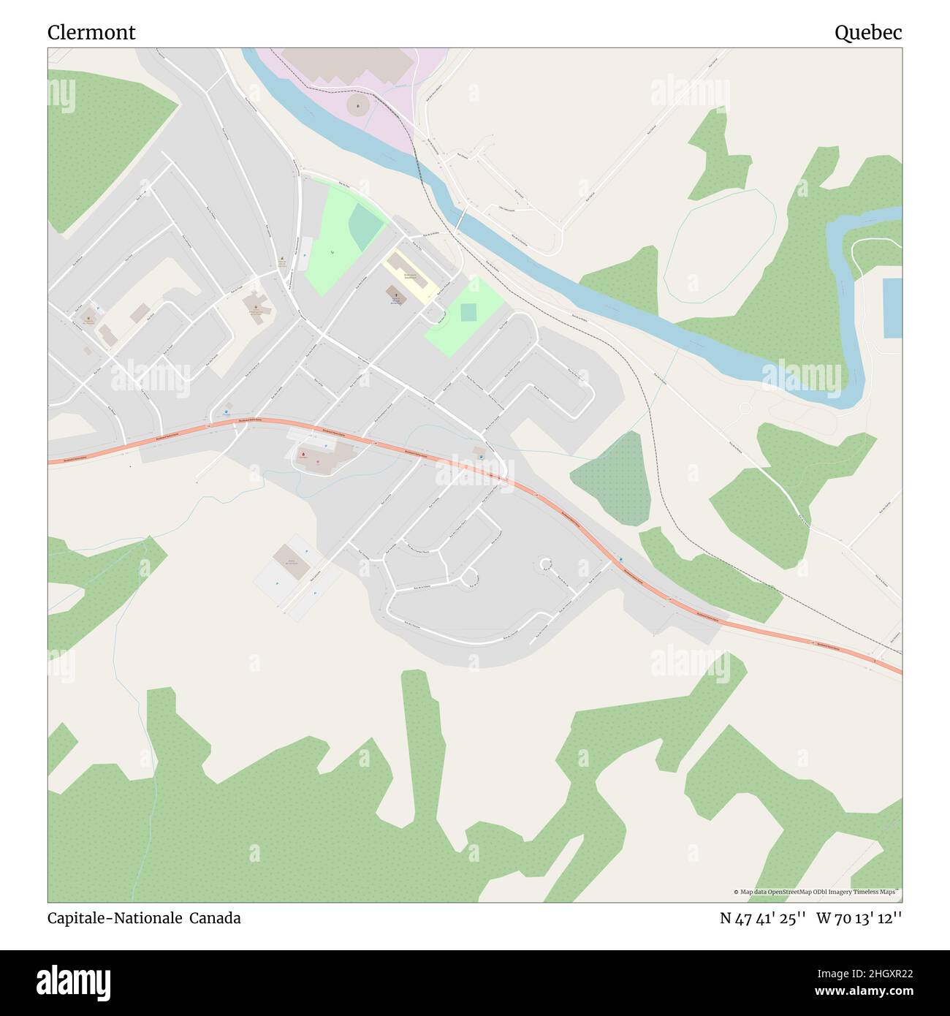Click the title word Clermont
tap(91, 33)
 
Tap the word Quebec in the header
tap(868, 33)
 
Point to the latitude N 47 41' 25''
tap(763, 918)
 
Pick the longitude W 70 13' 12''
tap(859, 918)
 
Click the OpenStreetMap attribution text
tap(817, 892)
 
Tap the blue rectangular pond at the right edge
tap(892, 308)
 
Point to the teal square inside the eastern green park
tap(468, 312)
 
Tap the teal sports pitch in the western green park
tap(365, 225)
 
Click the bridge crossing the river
tap(463, 216)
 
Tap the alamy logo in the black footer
tap(75, 981)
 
